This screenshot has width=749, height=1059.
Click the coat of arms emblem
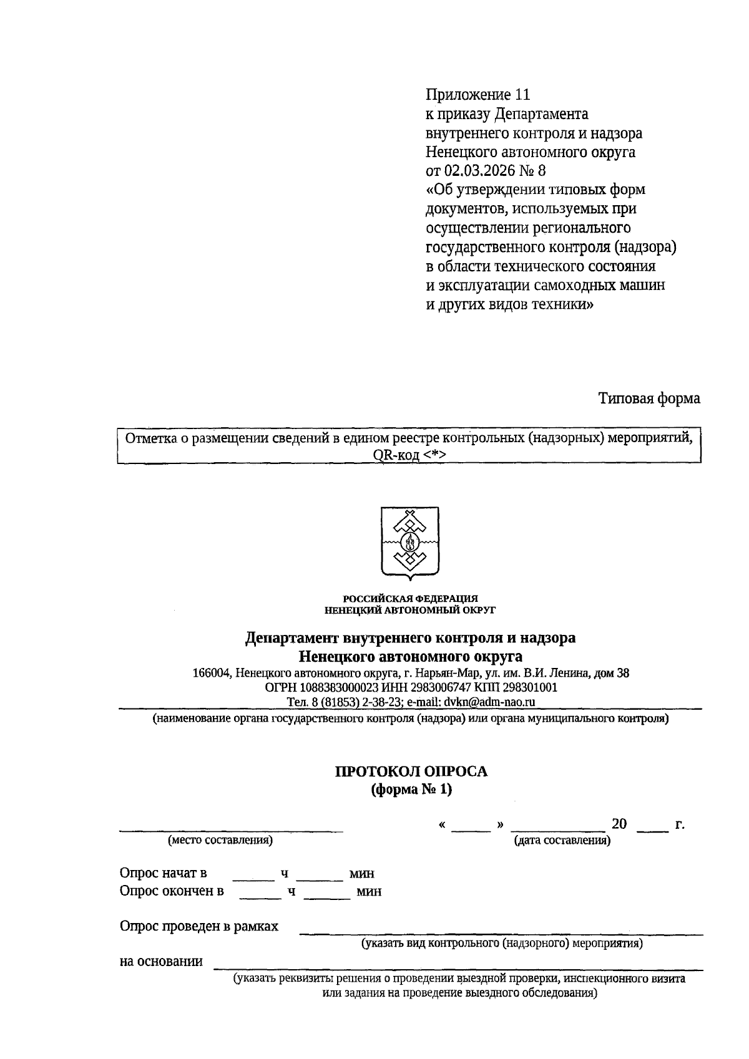[x=409, y=542]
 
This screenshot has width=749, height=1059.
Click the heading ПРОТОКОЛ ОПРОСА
[x=411, y=771]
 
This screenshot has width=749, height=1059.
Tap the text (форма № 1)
[x=411, y=790]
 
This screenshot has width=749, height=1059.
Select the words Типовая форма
[x=649, y=399]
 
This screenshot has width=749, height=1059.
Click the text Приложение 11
[x=477, y=95]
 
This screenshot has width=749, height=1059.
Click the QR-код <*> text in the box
[x=409, y=455]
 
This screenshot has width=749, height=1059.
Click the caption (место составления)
[x=220, y=840]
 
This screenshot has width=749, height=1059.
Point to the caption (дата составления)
[x=562, y=841]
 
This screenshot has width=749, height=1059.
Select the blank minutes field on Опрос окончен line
[x=327, y=892]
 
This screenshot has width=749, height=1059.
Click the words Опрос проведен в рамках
[x=199, y=926]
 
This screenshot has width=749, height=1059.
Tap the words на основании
[x=161, y=961]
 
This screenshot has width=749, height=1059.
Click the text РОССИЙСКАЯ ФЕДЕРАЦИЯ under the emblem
[x=410, y=599]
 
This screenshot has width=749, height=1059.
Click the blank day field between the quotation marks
[x=471, y=826]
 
